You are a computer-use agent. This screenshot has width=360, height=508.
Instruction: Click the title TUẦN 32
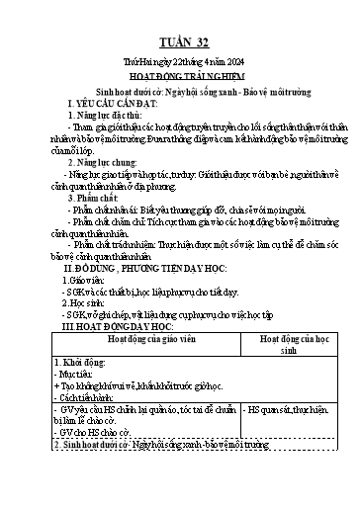[180, 43]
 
